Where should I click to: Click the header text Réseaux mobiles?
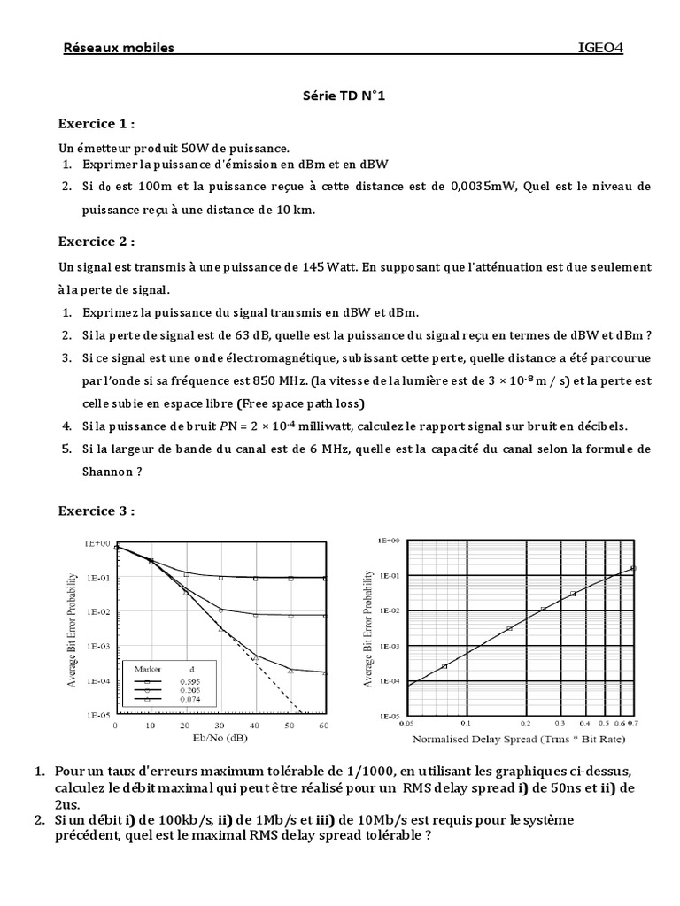coord(119,48)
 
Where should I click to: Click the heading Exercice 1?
coord(97,123)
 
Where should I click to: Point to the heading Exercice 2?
coord(97,242)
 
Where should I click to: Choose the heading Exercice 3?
coord(97,511)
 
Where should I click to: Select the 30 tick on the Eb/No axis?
coord(220,725)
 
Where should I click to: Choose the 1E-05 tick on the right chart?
coord(390,716)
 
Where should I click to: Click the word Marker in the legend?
coord(147,668)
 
